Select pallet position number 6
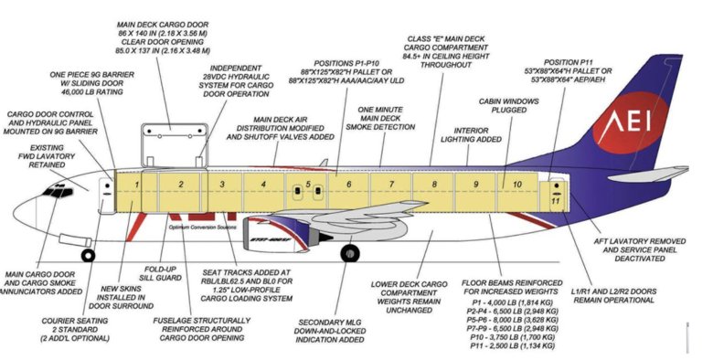click(348, 185)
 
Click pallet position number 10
click(517, 185)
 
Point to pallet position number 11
click(555, 199)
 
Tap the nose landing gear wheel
click(88, 255)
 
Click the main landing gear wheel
click(349, 253)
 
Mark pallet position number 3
click(221, 185)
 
